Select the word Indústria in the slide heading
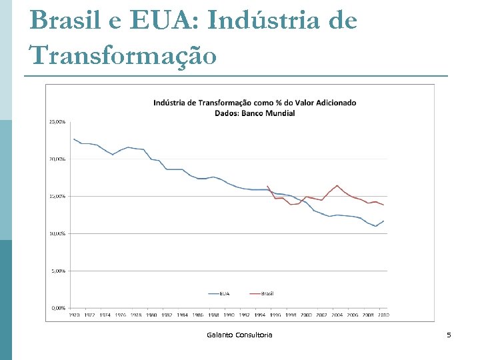pyautogui.click(x=267, y=21)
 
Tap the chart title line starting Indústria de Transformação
pyautogui.click(x=255, y=103)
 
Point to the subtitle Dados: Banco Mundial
pyautogui.click(x=255, y=113)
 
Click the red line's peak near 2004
pyautogui.click(x=337, y=185)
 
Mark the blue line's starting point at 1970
pyautogui.click(x=73, y=139)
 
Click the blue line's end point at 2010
pyautogui.click(x=383, y=221)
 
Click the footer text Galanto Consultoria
pyautogui.click(x=239, y=335)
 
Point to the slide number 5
pyautogui.click(x=449, y=335)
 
